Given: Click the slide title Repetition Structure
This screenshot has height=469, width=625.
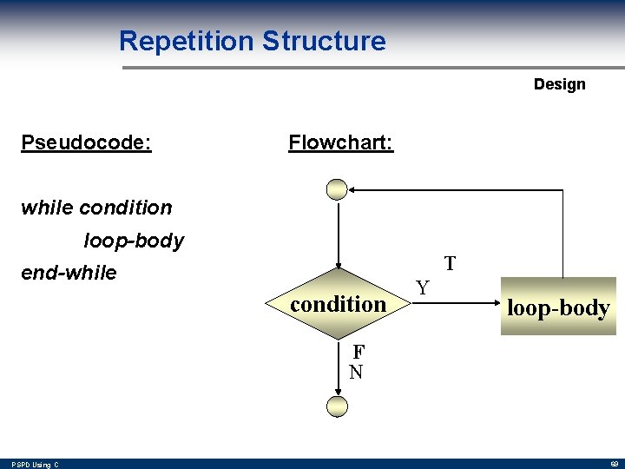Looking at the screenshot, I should [252, 41].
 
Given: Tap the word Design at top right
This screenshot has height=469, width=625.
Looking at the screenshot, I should [559, 84].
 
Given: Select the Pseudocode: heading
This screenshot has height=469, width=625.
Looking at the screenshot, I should [86, 142].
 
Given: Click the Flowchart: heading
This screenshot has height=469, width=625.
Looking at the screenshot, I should [340, 142].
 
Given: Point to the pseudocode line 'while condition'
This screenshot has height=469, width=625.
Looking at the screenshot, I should [96, 208].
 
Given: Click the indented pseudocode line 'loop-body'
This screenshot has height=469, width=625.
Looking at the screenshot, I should [134, 241].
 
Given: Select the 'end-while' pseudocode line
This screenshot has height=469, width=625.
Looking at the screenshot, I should [69, 273].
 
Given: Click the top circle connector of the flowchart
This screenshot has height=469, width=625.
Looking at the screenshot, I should [337, 189].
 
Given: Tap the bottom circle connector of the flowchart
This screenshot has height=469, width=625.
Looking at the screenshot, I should [337, 406].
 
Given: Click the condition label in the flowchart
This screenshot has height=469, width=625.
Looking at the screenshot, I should [338, 304].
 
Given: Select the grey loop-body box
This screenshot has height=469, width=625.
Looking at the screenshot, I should [557, 307].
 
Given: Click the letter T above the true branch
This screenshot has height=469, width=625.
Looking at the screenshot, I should [450, 263].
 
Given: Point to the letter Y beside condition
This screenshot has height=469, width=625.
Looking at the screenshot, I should [421, 287].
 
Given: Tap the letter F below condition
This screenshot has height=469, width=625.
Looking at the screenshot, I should [357, 353].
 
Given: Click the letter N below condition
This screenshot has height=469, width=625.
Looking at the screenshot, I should [356, 373].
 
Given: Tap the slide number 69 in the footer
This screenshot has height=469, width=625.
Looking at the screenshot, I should [610, 465].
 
